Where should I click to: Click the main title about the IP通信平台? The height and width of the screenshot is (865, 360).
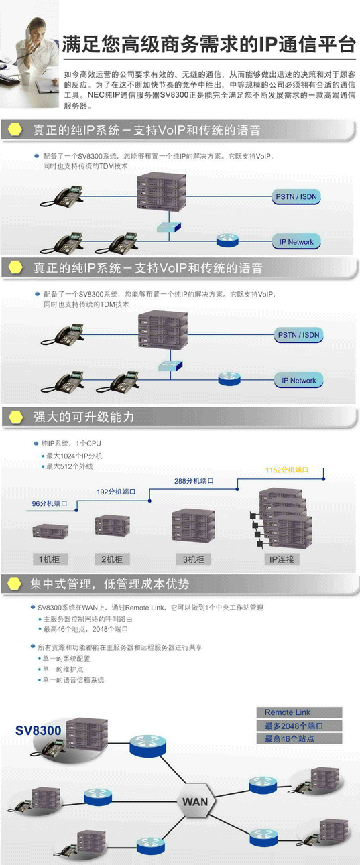(x=209, y=44)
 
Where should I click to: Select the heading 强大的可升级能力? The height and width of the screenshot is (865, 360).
(x=84, y=417)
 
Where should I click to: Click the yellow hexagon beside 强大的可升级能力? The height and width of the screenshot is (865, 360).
(x=16, y=417)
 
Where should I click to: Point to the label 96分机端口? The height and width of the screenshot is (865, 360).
(x=50, y=503)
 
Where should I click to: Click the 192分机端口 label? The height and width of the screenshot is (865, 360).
(x=116, y=492)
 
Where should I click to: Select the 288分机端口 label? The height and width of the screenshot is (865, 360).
(x=194, y=481)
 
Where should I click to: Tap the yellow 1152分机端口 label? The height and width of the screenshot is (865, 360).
(x=287, y=470)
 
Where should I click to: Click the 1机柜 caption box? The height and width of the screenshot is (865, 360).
(x=50, y=559)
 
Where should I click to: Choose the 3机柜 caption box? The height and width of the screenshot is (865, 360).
(x=193, y=559)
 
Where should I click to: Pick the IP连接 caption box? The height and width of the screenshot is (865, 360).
(x=282, y=559)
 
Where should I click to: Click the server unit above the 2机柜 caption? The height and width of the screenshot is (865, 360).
(x=113, y=525)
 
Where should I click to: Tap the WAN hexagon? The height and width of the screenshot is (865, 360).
(x=195, y=801)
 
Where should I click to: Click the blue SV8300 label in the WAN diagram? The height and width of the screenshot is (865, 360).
(x=38, y=730)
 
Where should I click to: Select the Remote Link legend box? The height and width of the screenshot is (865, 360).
(x=300, y=712)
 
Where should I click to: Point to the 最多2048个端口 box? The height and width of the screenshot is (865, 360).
(x=300, y=726)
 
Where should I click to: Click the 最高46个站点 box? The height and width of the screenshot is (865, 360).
(x=300, y=739)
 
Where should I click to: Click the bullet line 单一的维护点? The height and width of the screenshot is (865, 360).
(x=63, y=669)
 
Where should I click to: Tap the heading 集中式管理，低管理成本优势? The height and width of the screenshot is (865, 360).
(x=110, y=584)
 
